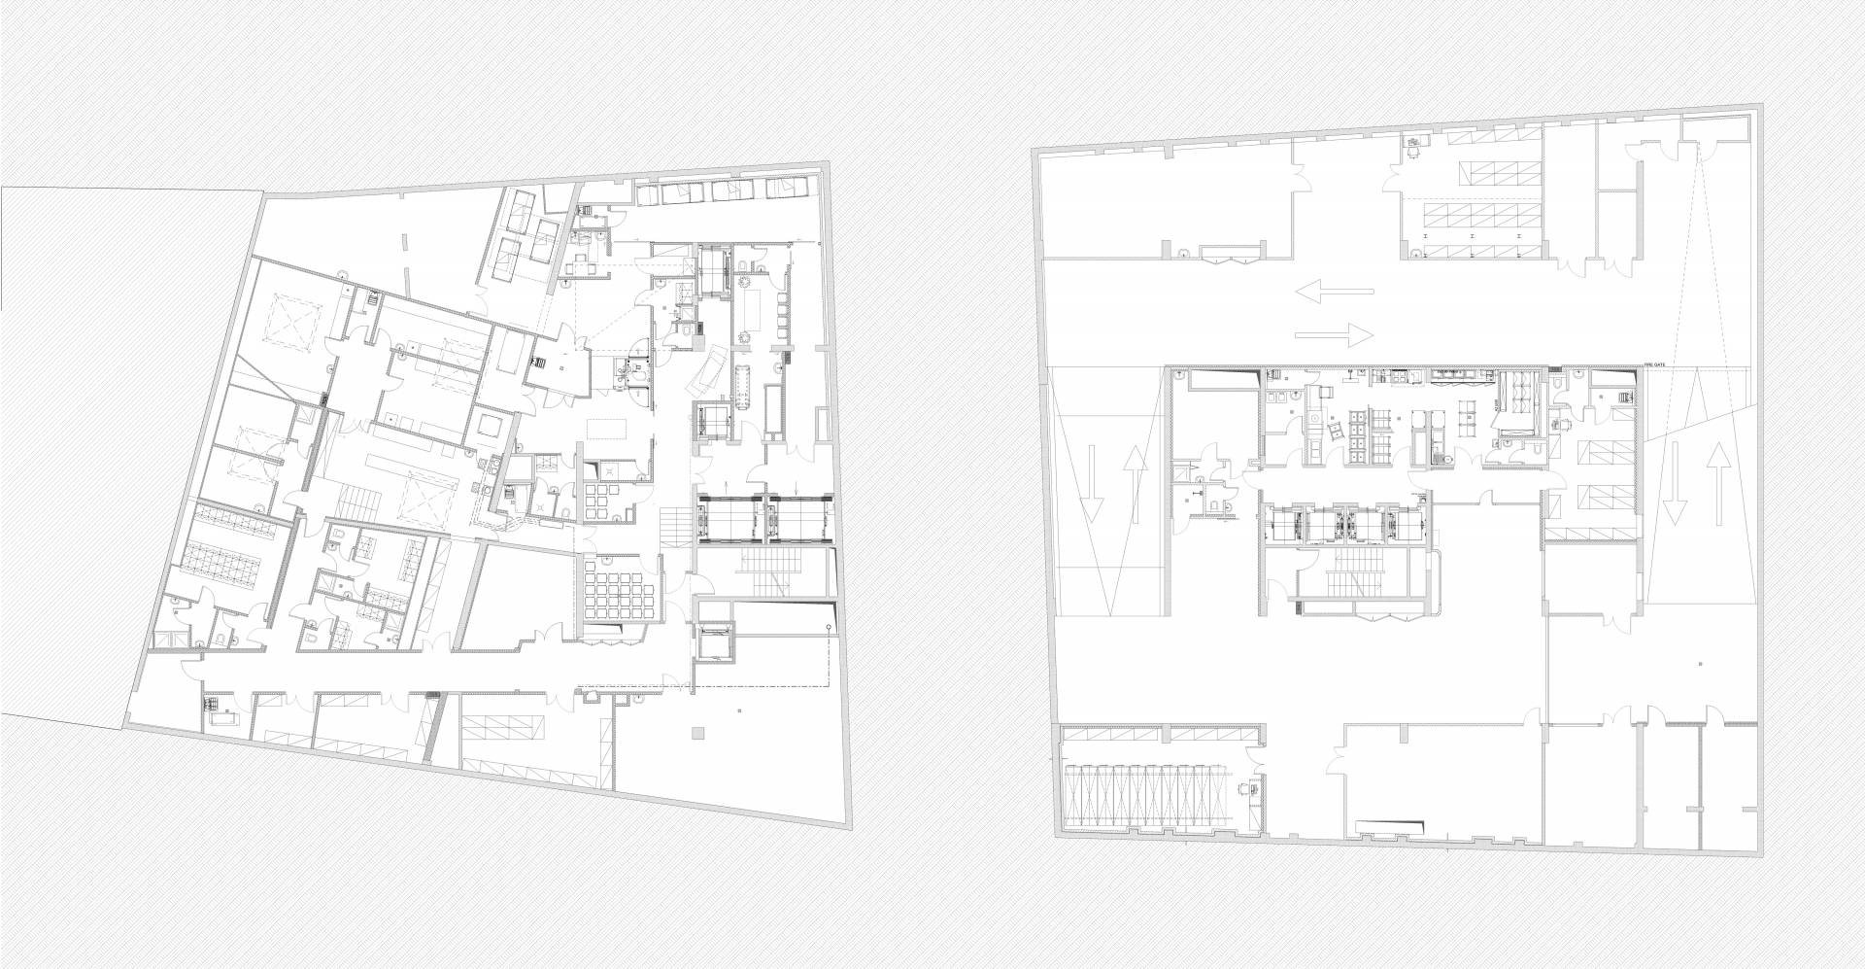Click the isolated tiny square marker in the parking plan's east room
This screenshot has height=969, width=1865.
(x=1700, y=664)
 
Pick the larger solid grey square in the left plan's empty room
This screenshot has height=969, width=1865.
(x=695, y=734)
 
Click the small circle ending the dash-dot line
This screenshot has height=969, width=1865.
(x=828, y=628)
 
